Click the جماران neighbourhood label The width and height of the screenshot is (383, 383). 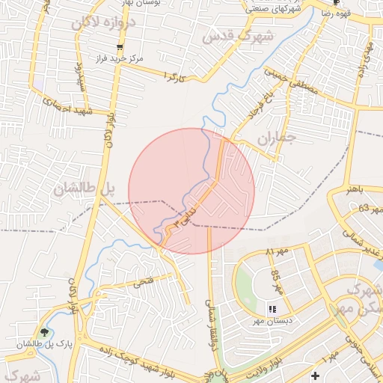pos(277,138)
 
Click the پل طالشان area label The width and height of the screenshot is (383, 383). pos(82,189)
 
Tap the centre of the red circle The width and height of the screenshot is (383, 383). pos(191,191)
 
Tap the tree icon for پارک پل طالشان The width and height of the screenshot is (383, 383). pos(46,332)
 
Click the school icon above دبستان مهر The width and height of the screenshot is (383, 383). pos(272,308)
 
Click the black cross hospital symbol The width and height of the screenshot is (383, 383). pos(315,374)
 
